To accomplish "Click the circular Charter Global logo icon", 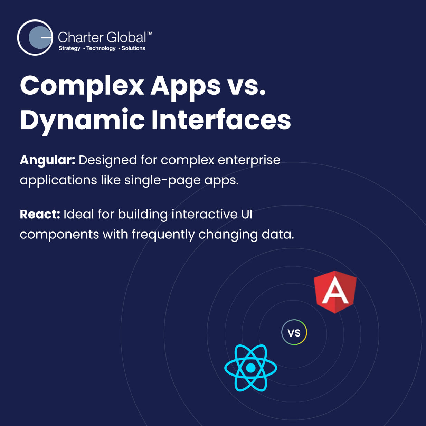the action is pos(35,37).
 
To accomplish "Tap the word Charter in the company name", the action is pos(80,38).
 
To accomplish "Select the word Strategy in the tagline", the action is pos(69,48).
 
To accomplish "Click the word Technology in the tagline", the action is pos(101,48).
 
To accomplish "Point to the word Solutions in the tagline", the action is pos(133,48).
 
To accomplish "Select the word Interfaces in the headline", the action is pos(221,120).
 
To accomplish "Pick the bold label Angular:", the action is pos(48,160).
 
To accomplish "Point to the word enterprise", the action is pos(249,161).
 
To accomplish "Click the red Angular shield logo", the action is pos(335,292).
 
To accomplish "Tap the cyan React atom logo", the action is pos(251,368).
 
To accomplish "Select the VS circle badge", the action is pos(294,332).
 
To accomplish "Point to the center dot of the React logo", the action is pos(251,368).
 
